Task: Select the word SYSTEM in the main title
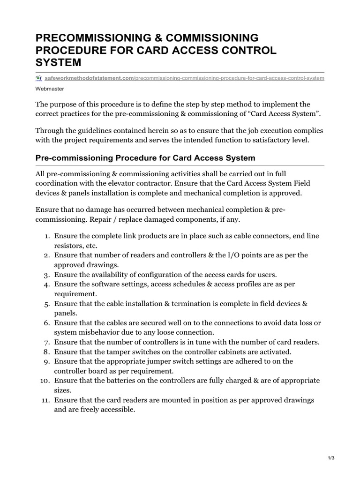point(59,62)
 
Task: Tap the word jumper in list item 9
point(170,361)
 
